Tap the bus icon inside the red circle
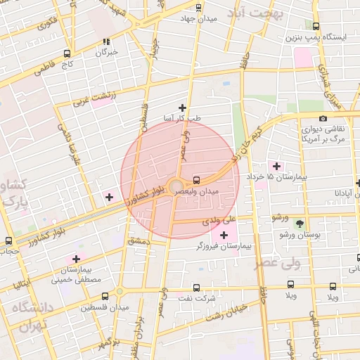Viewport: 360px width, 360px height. pyautogui.click(x=196, y=179)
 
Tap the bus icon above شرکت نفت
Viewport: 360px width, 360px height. pyautogui.click(x=195, y=288)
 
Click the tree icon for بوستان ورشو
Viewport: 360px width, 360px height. pyautogui.click(x=300, y=224)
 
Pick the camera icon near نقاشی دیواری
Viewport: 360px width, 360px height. pyautogui.click(x=323, y=119)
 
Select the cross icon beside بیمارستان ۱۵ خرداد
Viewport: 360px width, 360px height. pyautogui.click(x=276, y=167)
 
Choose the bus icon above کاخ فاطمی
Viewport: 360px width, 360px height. pyautogui.click(x=67, y=53)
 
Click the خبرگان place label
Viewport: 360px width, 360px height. pyautogui.click(x=107, y=52)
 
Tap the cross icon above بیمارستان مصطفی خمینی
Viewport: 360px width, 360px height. pyautogui.click(x=76, y=259)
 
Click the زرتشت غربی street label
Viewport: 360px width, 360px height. pyautogui.click(x=103, y=98)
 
